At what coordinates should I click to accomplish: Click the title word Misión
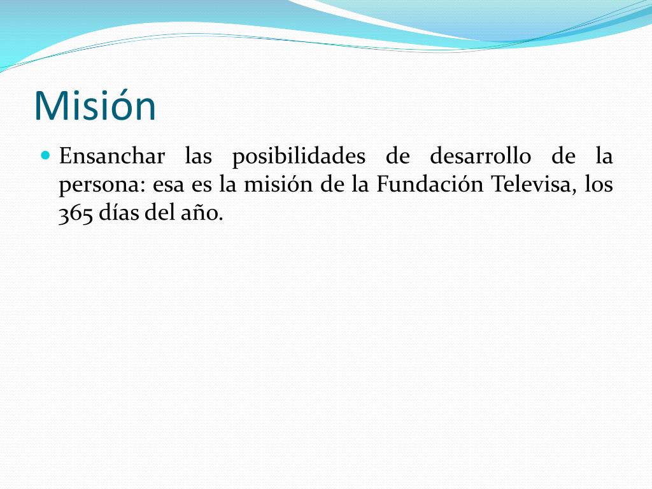point(95,106)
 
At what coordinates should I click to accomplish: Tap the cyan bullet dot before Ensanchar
point(46,156)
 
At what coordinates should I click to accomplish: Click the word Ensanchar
point(112,156)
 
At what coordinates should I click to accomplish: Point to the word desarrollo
point(480,156)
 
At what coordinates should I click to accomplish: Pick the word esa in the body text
point(168,186)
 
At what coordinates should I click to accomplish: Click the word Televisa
point(535,185)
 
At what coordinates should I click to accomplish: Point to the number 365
point(75,214)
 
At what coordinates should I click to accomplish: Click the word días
point(119,213)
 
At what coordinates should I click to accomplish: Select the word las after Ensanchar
point(199,156)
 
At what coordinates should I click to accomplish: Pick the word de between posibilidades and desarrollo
point(397,156)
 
